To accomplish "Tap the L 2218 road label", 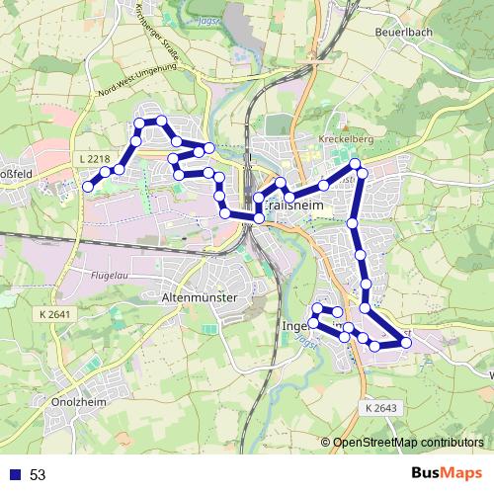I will [x=92, y=158].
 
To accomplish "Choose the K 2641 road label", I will [x=59, y=314].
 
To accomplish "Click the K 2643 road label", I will [x=380, y=408].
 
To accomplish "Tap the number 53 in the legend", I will [x=38, y=475].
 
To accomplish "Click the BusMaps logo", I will [x=447, y=473].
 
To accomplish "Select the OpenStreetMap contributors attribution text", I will [x=409, y=443].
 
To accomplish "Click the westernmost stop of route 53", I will [x=88, y=186].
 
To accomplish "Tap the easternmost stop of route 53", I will [x=406, y=343].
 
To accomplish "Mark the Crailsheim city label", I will [x=296, y=203].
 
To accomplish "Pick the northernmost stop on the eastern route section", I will [x=355, y=163].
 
